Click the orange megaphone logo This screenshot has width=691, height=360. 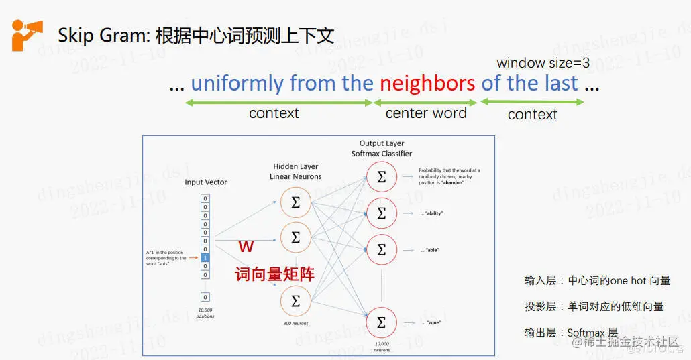click(27, 34)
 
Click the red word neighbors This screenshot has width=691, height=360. click(427, 83)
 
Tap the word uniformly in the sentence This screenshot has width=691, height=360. click(237, 83)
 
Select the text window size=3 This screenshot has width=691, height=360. click(543, 63)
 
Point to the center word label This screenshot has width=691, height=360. click(426, 113)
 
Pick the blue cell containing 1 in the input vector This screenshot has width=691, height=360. click(205, 257)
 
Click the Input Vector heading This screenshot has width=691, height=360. click(206, 182)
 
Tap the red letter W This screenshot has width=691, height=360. click(246, 247)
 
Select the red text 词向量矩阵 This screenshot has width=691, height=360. click(274, 273)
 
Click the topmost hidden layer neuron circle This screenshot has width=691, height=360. click(295, 202)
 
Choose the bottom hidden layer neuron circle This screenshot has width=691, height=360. click(295, 301)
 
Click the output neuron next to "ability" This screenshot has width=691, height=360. click(382, 213)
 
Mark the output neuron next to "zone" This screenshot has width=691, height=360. click(382, 323)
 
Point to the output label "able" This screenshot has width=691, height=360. click(432, 249)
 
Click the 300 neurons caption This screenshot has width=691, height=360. click(295, 323)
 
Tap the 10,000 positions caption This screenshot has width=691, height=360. click(205, 313)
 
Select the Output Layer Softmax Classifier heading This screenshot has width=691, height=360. click(382, 148)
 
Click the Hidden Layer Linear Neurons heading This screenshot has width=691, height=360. click(296, 171)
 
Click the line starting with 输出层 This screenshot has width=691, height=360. click(571, 333)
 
